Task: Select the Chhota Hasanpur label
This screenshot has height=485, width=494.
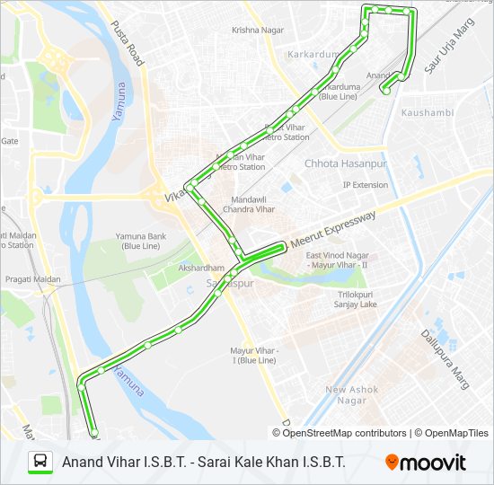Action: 345,164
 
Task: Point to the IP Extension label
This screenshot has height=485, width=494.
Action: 366,185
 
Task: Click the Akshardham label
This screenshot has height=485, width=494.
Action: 200,268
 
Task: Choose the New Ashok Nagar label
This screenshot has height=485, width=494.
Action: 351,394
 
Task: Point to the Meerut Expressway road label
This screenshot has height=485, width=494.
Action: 331,230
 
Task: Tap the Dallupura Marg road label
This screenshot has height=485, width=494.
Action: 445,358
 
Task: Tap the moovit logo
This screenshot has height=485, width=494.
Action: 426,463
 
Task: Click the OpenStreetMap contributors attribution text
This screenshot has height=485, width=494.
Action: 346,433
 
